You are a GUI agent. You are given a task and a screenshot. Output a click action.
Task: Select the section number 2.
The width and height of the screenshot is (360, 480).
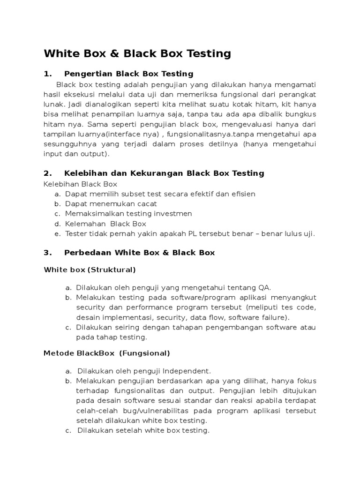tap(46, 173)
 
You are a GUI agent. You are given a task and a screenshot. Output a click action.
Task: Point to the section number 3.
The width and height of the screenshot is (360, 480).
tap(46, 253)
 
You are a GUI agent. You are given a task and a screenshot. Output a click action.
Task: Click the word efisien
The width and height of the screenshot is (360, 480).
tap(241, 194)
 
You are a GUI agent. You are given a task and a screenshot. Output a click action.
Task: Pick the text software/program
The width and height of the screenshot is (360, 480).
tap(174, 298)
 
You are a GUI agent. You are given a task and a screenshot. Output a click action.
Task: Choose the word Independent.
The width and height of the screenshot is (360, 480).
tap(187, 370)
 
